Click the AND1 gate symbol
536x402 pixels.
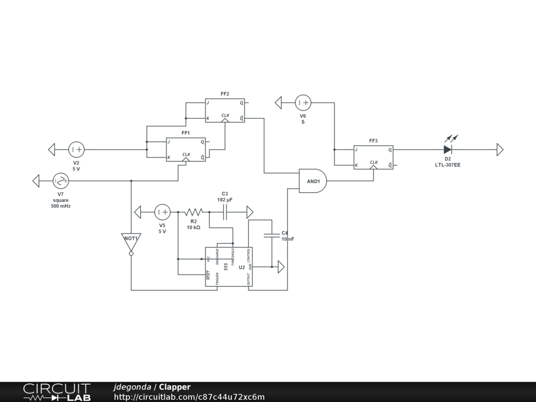(x=312, y=181)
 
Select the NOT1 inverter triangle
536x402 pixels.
(x=131, y=240)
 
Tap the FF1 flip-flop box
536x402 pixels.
(x=186, y=149)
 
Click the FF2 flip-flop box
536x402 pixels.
(x=225, y=110)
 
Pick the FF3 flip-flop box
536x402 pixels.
(x=373, y=157)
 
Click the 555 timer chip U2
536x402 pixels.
(x=228, y=267)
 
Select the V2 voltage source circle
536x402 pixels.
(x=76, y=150)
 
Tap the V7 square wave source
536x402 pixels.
(x=61, y=181)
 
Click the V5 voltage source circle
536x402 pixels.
(x=162, y=212)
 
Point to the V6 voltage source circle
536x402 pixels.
(x=303, y=103)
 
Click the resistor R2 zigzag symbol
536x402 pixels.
(x=193, y=212)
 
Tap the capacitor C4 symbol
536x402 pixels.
(x=272, y=236)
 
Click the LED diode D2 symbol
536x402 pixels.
(x=448, y=149)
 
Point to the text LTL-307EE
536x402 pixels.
(x=448, y=165)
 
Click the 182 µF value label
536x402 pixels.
(x=225, y=200)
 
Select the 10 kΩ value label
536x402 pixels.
(x=194, y=228)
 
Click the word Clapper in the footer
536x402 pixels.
(x=175, y=387)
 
